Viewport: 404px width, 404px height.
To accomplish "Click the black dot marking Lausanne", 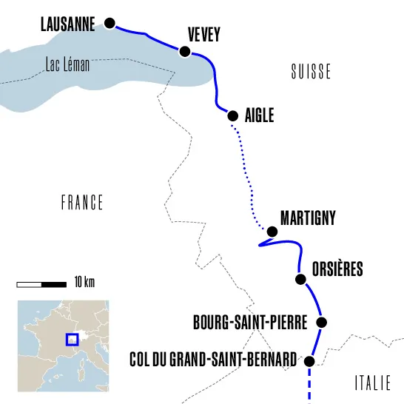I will pos(110,23).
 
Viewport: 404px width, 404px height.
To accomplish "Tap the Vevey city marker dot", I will pos(185,51).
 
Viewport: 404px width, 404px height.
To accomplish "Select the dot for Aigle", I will pos(232,115).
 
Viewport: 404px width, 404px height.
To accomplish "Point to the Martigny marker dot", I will pos(272,232).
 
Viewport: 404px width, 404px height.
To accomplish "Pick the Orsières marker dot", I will pos(300,279).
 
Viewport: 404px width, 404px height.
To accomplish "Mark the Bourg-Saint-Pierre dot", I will pos(322,322).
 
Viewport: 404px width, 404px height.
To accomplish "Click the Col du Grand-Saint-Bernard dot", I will pos(309,360).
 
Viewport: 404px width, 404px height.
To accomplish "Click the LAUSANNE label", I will pos(67,25).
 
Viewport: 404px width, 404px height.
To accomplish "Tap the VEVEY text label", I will pos(204,34).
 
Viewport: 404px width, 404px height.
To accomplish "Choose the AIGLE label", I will pos(260,116).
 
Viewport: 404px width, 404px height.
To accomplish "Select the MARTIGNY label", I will pos(308,218).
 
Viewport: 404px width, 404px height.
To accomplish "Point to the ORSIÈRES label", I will pos(337,269).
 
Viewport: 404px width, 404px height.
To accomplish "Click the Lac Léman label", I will pos(67,65).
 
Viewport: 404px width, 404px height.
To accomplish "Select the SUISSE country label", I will pos(311,72).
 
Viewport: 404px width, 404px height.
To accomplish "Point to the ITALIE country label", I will pos(372,383).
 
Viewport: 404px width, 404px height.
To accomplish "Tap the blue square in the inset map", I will pos(72,340).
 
